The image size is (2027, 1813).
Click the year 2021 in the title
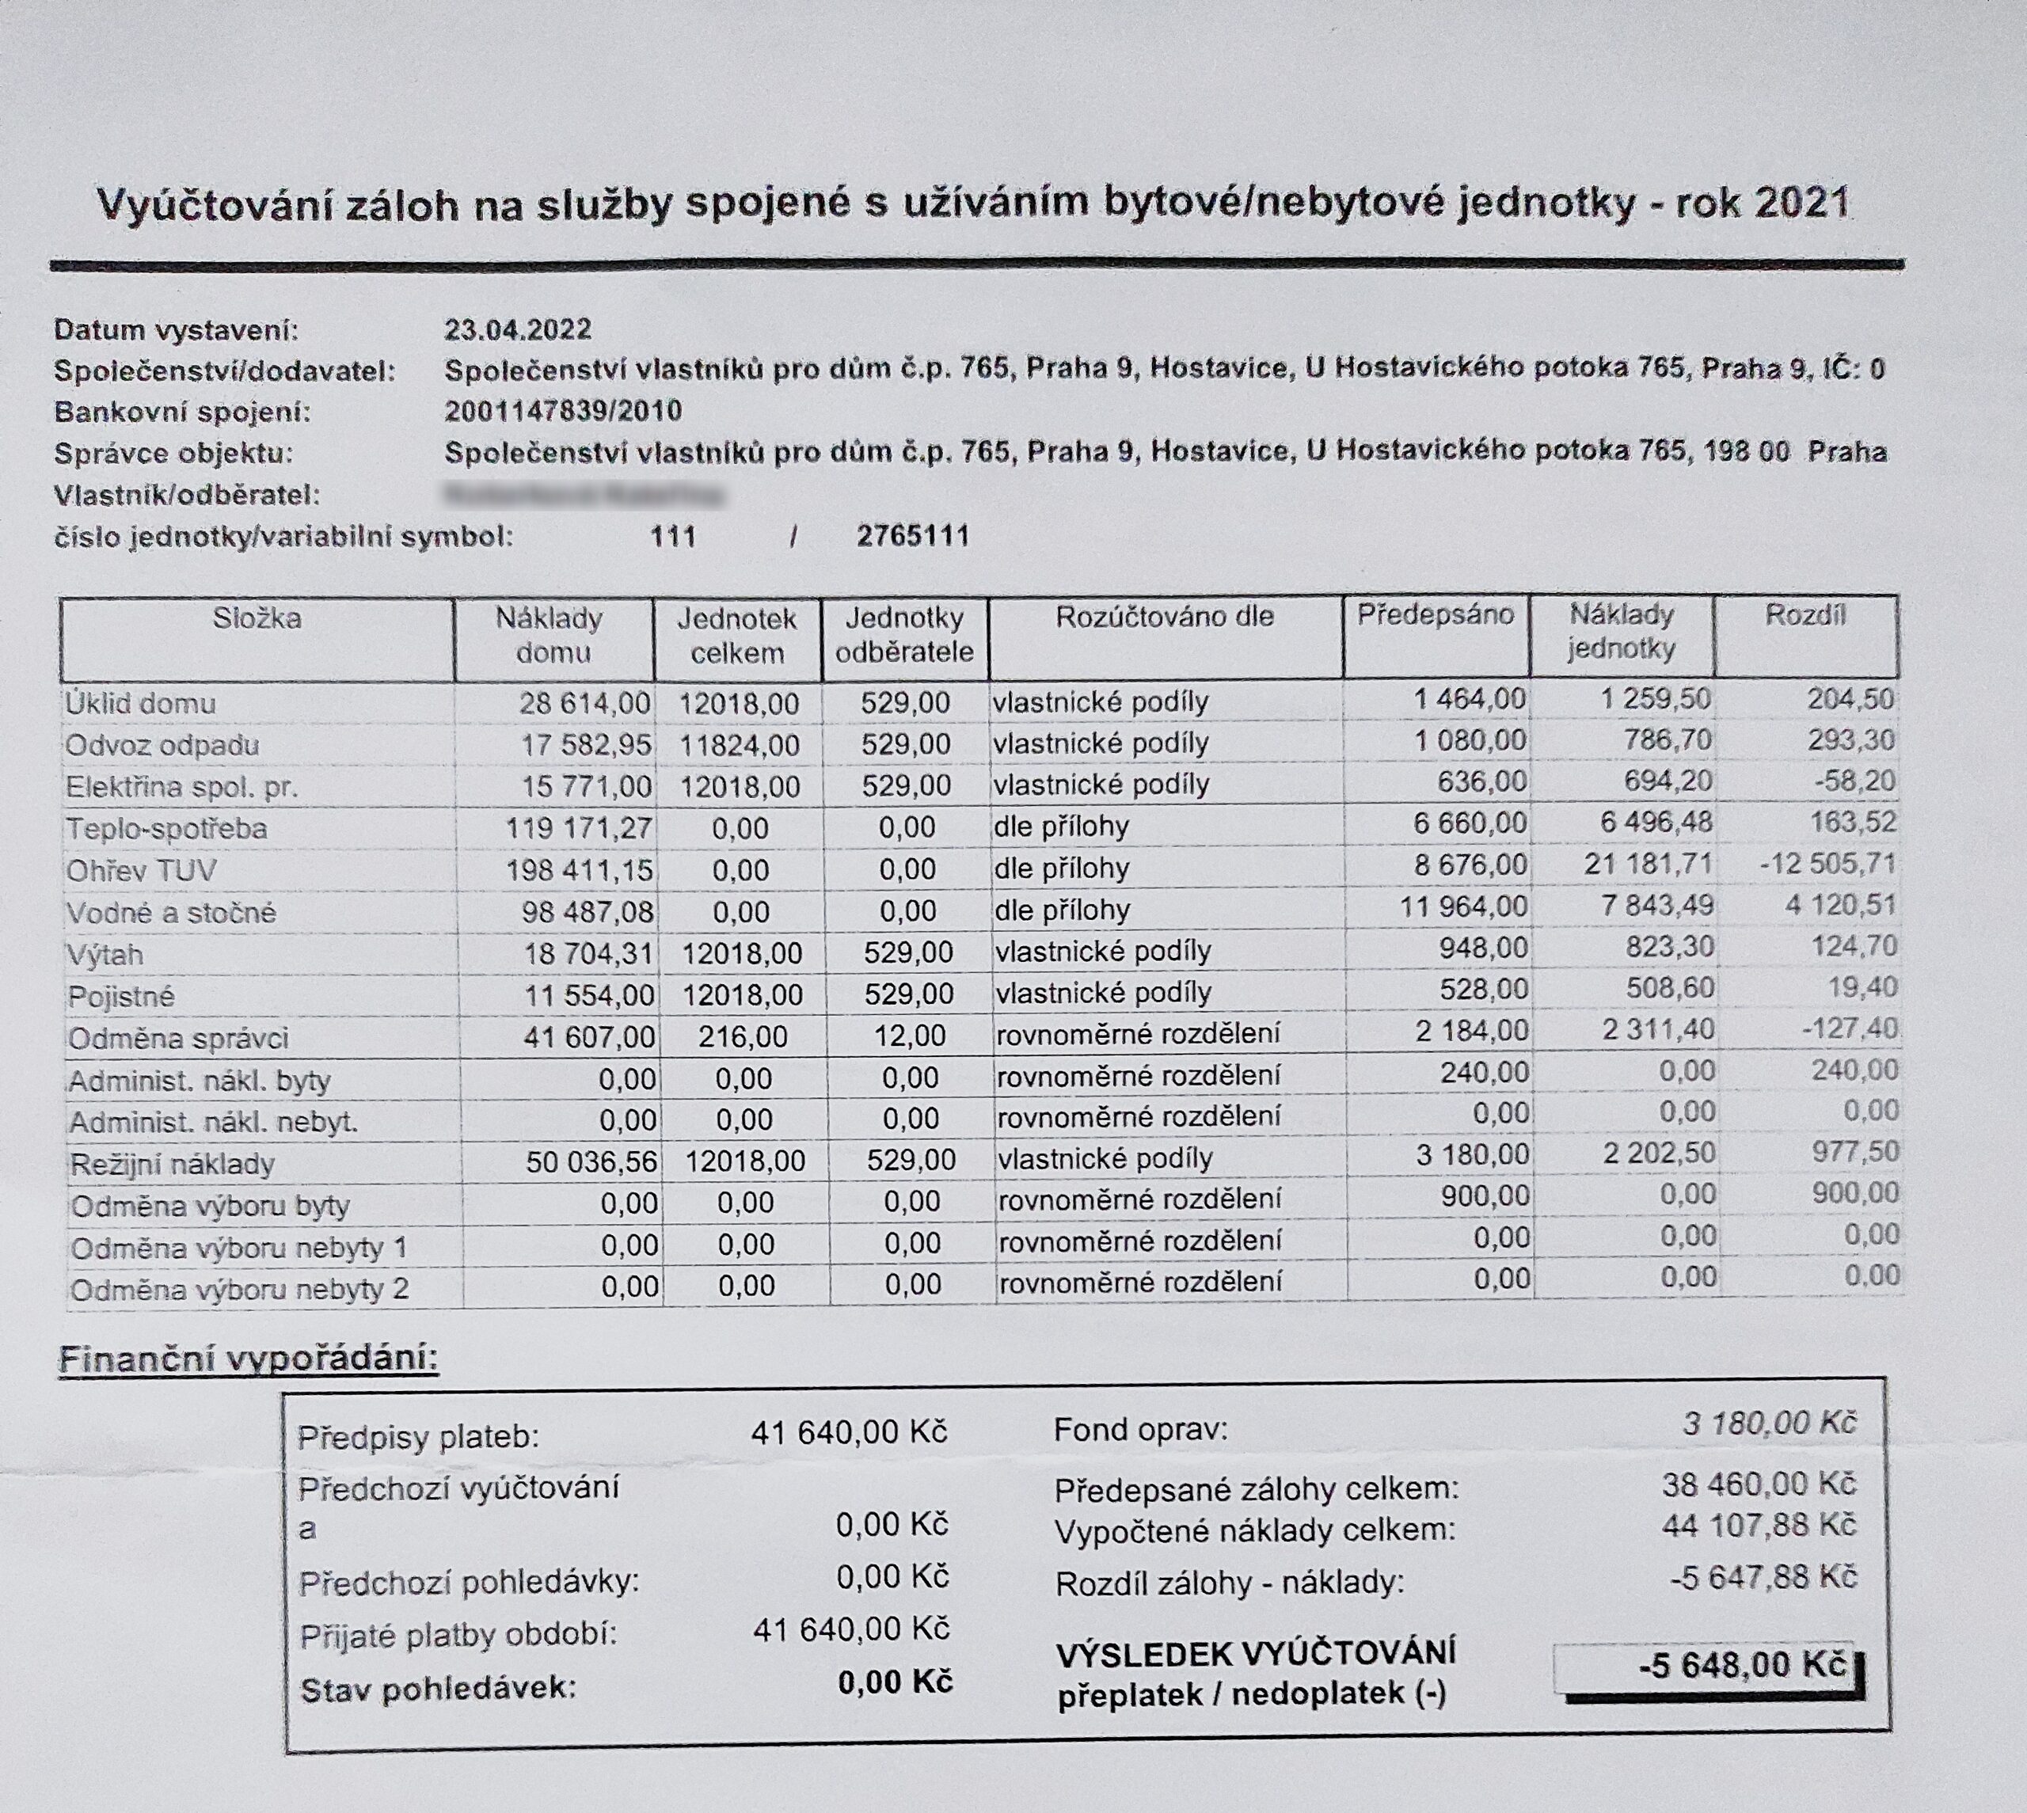point(1801,204)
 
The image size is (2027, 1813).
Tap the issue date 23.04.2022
point(517,329)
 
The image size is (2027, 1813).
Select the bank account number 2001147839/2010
point(563,410)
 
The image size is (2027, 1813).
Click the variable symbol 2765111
point(912,537)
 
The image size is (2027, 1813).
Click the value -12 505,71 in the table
point(1827,864)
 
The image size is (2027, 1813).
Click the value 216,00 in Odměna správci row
point(742,1037)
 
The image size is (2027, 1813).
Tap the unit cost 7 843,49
point(1649,906)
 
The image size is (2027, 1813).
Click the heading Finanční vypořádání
point(248,1359)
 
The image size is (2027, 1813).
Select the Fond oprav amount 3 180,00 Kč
point(1769,1423)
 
